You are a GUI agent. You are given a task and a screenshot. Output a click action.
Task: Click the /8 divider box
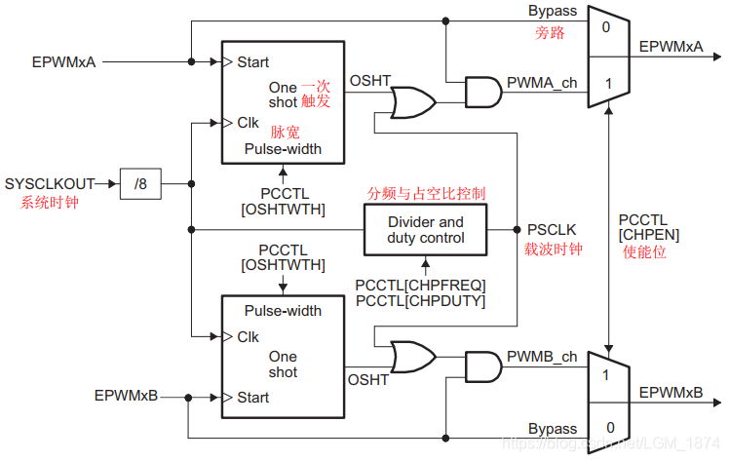tap(141, 183)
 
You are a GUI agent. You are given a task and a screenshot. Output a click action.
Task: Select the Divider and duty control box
tap(425, 230)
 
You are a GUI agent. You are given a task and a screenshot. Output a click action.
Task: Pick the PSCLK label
tap(552, 230)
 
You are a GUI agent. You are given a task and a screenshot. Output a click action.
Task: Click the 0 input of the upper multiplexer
tap(606, 26)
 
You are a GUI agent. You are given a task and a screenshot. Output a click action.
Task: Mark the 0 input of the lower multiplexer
tap(606, 428)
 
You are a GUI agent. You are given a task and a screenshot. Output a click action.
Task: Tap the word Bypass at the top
tap(553, 12)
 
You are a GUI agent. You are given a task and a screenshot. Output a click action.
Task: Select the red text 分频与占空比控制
tap(425, 193)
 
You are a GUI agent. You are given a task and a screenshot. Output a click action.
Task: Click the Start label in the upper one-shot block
tap(253, 62)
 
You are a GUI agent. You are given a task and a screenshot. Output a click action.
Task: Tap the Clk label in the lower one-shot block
tap(248, 336)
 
